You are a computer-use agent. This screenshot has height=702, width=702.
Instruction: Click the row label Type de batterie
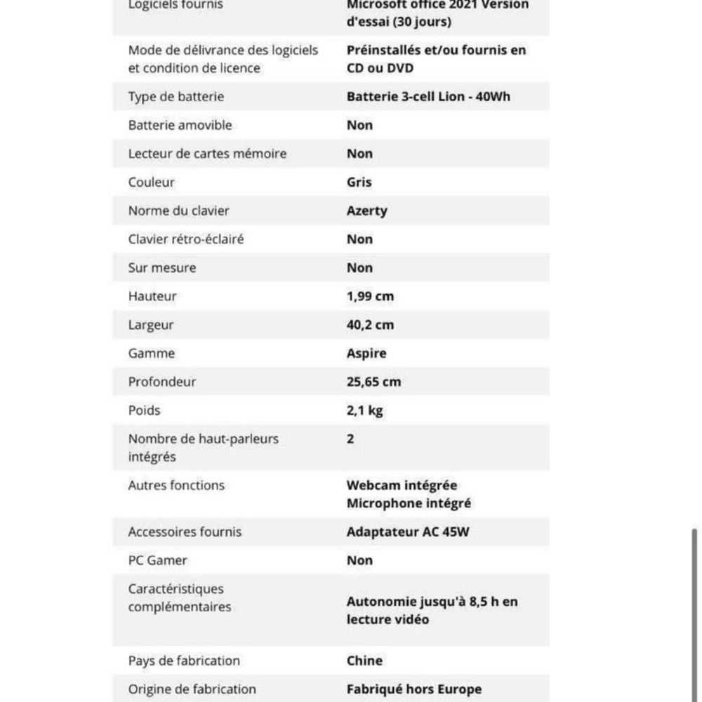(175, 97)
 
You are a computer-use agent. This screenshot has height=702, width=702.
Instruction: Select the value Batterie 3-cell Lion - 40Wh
(428, 97)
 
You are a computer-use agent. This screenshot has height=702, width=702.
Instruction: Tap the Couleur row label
(151, 183)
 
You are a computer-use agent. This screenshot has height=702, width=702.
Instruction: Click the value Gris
(359, 183)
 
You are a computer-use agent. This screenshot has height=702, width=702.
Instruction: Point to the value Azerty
(366, 211)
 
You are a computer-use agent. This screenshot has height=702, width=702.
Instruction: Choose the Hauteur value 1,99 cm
(370, 296)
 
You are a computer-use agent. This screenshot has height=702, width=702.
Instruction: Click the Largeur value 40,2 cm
(370, 325)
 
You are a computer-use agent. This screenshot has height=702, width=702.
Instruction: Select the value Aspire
(366, 353)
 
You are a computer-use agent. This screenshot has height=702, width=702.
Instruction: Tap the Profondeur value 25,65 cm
(373, 382)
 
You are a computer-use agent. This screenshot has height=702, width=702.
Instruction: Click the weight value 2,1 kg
(364, 411)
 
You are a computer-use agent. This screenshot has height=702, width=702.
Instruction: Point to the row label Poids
(144, 411)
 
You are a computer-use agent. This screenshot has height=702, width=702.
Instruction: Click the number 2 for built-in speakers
(350, 439)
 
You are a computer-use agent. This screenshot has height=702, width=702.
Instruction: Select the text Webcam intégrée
(402, 485)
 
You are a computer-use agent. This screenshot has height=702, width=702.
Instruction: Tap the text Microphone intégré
(409, 503)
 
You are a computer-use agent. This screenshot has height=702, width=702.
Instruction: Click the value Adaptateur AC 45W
(408, 532)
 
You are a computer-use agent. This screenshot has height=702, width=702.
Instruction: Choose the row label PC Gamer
(157, 560)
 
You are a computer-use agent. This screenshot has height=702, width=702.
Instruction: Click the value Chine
(364, 661)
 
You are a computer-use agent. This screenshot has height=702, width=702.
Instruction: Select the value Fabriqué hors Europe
(414, 689)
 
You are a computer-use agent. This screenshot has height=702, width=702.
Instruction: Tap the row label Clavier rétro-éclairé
(186, 239)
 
